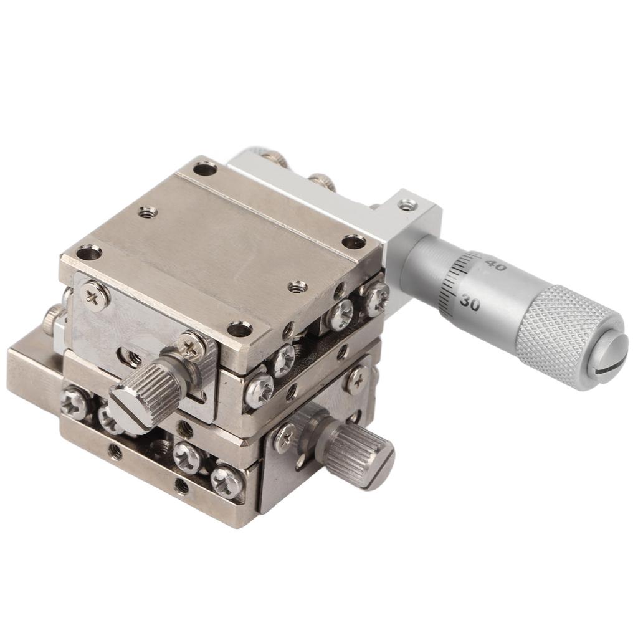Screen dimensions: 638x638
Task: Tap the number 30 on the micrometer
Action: tap(470, 303)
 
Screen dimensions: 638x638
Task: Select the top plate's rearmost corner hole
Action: tap(204, 168)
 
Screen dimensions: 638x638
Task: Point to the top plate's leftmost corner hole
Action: tap(88, 252)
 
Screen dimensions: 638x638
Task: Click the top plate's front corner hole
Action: tap(239, 329)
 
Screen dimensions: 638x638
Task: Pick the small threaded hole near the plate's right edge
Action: tap(298, 287)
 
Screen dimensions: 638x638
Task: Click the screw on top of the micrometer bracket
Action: tap(407, 204)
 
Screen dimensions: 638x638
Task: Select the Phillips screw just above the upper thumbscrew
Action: tap(191, 346)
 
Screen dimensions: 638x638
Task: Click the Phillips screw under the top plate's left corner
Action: tap(95, 295)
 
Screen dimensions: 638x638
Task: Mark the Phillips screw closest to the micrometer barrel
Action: tap(375, 297)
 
